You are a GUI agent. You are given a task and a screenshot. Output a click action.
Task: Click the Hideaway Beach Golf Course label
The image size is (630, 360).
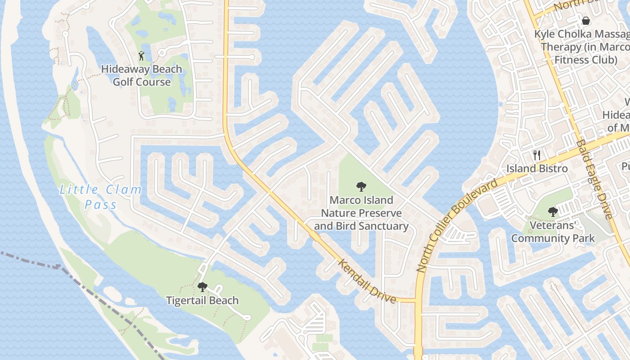(141, 76)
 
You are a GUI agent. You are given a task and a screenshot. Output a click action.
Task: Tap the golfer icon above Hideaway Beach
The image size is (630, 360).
(141, 56)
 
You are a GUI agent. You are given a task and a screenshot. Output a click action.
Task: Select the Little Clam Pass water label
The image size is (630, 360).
(101, 197)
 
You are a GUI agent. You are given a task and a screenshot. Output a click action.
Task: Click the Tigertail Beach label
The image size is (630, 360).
(202, 301)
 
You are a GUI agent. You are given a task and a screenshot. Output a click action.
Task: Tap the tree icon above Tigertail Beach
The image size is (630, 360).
(202, 287)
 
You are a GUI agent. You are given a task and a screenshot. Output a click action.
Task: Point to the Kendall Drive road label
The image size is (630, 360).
(367, 282)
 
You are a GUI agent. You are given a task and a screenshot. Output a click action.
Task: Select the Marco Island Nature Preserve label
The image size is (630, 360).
(361, 213)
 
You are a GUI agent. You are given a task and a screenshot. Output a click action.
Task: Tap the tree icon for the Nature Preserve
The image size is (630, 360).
(361, 186)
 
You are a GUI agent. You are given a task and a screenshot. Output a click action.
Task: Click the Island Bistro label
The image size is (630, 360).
(537, 169)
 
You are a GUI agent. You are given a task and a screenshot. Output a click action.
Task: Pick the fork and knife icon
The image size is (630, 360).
(536, 155)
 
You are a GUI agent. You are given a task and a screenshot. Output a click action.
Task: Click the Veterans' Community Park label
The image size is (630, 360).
(553, 232)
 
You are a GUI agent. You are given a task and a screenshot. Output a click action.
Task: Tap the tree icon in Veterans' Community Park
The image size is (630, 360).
(553, 211)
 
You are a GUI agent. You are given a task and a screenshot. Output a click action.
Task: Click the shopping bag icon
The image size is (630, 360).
(585, 20)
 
